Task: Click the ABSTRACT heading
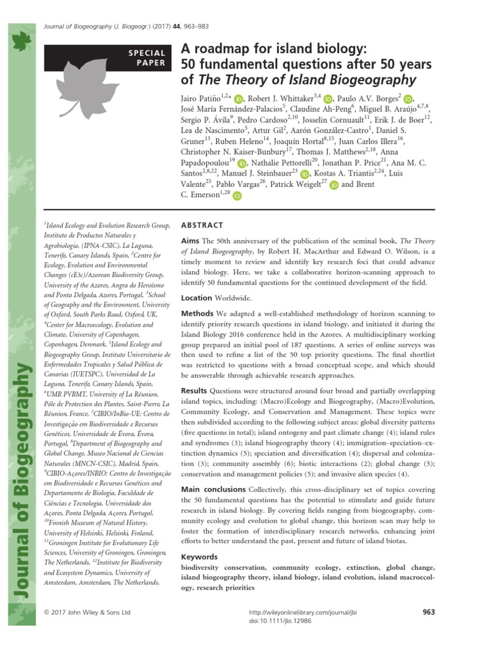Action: (202, 225)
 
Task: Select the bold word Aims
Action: (192, 241)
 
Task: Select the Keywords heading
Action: (200, 556)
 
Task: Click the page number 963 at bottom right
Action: (428, 612)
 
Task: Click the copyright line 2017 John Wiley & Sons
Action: (86, 613)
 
